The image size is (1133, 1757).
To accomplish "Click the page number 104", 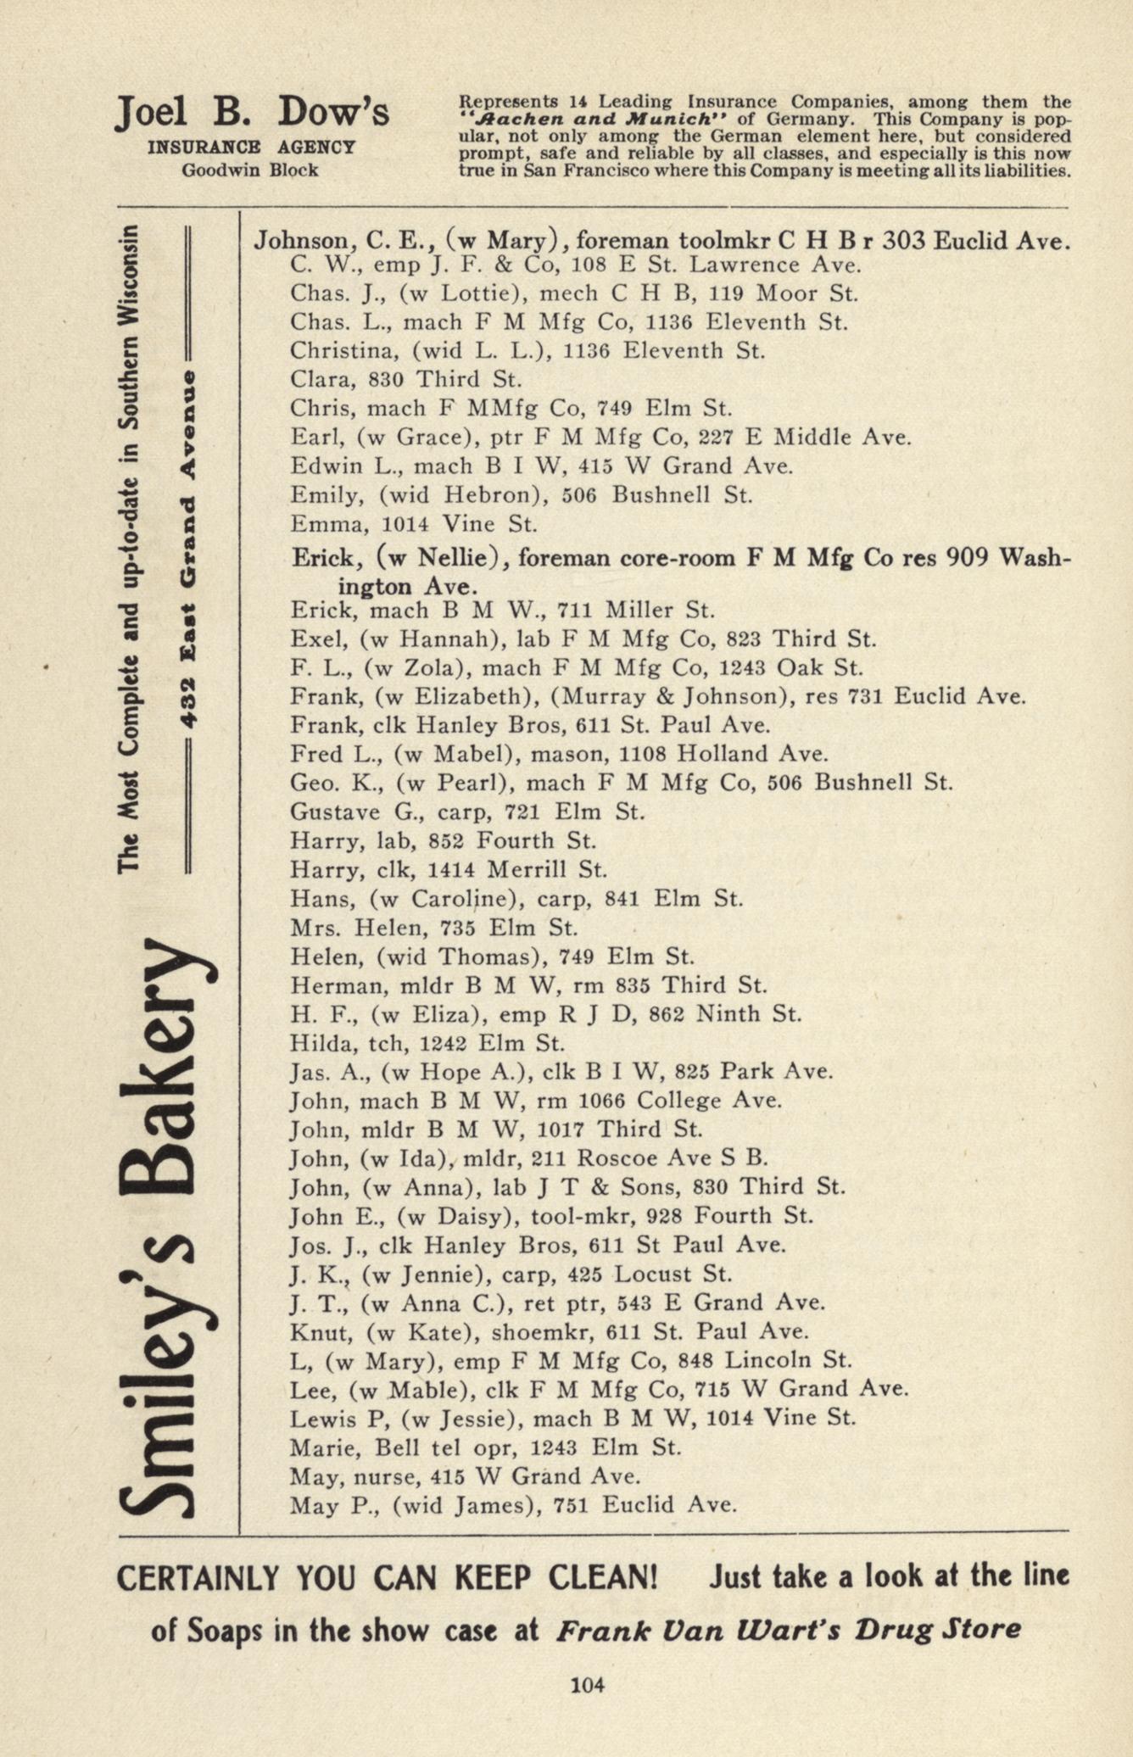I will (x=588, y=1684).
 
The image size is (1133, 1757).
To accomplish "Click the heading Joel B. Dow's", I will (x=252, y=112).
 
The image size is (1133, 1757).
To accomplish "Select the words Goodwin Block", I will (x=250, y=170).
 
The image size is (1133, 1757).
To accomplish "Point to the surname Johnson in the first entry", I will (x=296, y=241).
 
